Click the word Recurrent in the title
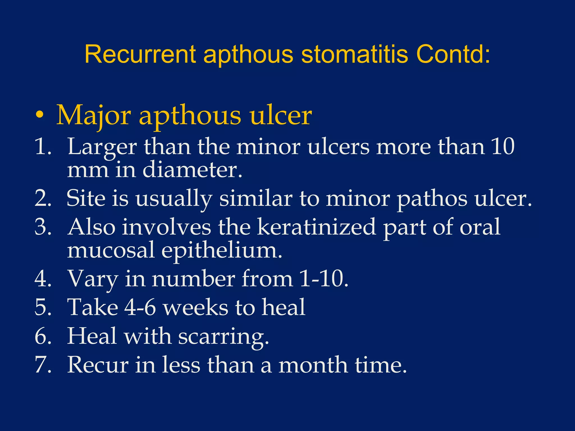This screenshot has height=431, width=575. (140, 54)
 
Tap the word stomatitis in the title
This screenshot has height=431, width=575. (354, 54)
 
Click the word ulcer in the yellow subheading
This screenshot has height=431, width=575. (280, 116)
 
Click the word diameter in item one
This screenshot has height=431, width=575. (192, 170)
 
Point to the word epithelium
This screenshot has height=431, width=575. (222, 250)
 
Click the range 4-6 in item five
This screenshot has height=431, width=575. (140, 307)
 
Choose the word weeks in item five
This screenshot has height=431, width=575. (196, 307)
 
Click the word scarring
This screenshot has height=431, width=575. (223, 336)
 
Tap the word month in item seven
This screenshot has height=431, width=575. (313, 365)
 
